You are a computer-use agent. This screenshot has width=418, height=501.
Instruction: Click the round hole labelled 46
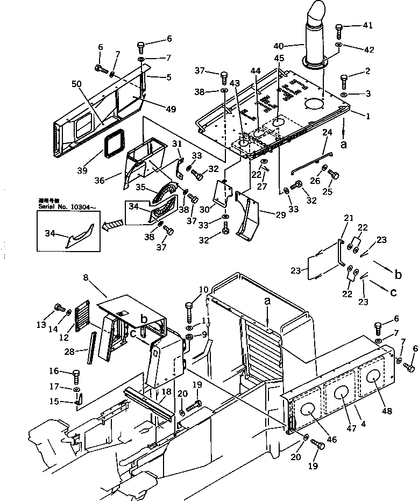coord(306,410)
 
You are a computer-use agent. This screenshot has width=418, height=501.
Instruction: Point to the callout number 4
coord(364,424)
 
